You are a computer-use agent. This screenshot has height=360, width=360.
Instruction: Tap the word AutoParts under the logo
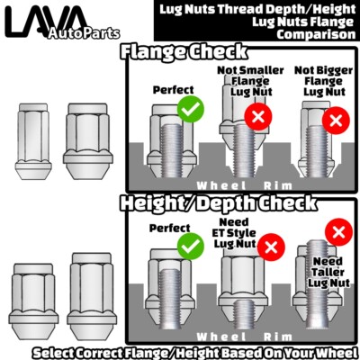click(84, 33)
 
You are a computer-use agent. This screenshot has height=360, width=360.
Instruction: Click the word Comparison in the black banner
click(316, 34)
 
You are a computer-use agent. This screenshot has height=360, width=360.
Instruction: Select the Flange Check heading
click(184, 51)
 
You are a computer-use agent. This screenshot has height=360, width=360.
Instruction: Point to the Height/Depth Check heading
click(218, 203)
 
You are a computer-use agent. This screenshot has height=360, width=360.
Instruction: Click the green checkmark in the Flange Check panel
click(191, 109)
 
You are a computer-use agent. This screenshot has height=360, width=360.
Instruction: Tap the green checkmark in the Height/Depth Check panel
click(191, 247)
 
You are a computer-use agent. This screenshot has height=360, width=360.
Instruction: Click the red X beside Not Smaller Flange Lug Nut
click(258, 116)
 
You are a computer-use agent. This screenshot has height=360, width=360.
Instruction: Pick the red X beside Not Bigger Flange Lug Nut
click(336, 121)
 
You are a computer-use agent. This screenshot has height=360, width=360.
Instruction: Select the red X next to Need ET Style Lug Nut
click(271, 247)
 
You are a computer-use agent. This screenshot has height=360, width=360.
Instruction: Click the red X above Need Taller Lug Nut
click(339, 232)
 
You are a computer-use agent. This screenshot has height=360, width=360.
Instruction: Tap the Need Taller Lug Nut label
click(328, 272)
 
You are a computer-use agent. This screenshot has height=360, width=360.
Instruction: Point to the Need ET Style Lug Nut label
click(234, 233)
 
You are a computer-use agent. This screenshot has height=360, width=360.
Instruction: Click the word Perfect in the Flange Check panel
click(174, 89)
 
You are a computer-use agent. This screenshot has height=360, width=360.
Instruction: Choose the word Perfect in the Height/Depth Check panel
click(170, 228)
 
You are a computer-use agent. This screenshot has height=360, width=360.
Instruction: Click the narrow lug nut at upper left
click(33, 141)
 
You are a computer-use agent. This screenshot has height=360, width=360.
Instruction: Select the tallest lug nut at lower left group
click(92, 296)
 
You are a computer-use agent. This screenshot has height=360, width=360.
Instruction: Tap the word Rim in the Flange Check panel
click(277, 186)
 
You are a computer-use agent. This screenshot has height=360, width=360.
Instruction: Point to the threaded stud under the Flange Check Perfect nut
click(172, 150)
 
